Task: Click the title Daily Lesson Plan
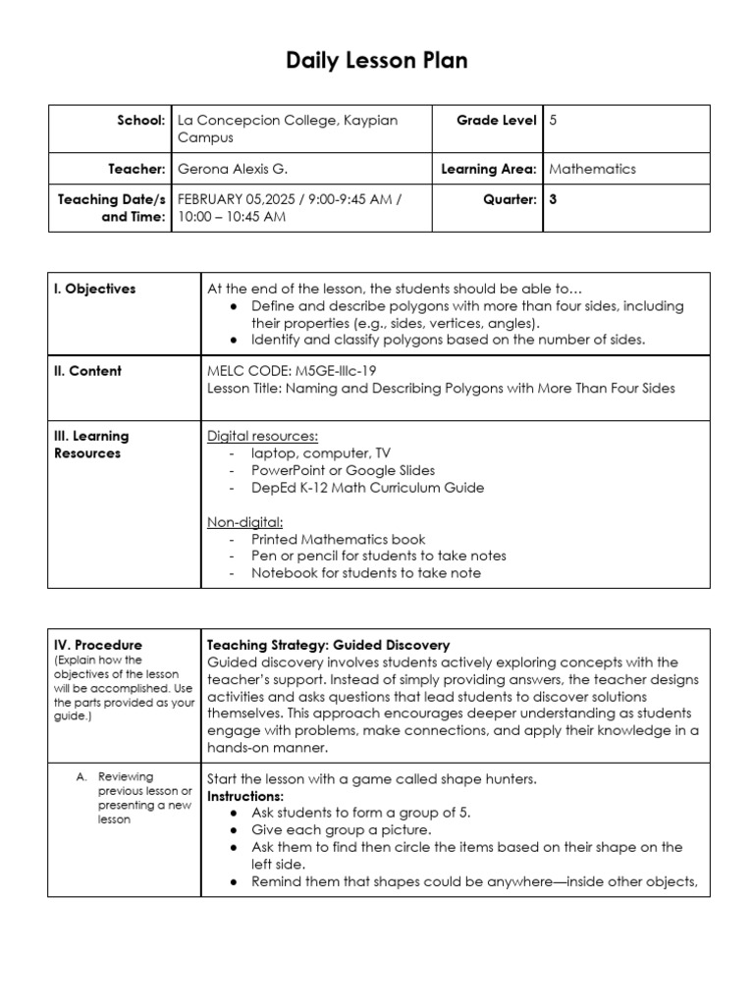(x=377, y=61)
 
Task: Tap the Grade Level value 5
(x=554, y=120)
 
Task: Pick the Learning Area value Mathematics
(x=592, y=169)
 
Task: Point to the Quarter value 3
(x=554, y=199)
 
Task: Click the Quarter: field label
(x=512, y=199)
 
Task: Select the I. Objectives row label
(x=95, y=289)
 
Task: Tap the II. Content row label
(x=88, y=371)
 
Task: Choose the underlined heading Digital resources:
(x=262, y=436)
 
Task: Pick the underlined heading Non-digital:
(x=244, y=522)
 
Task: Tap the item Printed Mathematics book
(x=338, y=539)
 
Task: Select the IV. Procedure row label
(x=97, y=645)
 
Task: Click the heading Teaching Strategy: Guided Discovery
(x=328, y=645)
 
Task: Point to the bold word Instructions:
(x=244, y=796)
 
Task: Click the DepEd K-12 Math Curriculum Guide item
(x=367, y=488)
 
